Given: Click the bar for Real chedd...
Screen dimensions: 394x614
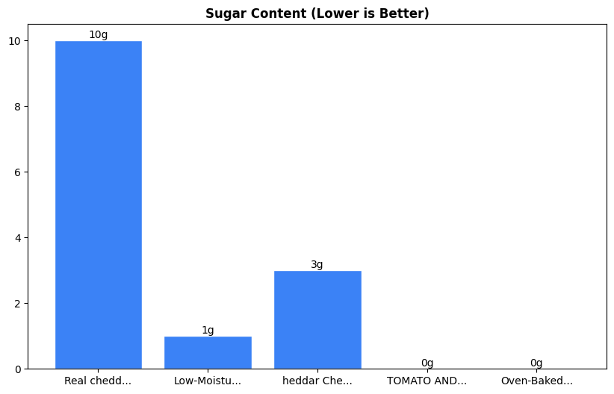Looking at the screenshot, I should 98,204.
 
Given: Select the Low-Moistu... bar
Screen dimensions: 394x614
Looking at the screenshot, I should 208,352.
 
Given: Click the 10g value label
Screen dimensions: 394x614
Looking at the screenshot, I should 98,35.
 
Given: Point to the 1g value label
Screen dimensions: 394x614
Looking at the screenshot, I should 208,331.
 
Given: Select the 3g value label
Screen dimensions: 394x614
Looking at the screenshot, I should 317,265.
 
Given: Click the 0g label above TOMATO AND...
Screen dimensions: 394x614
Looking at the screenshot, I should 427,363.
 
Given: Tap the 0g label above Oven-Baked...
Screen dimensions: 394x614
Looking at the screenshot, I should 536,363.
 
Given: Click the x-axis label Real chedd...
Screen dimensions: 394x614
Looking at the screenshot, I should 98,381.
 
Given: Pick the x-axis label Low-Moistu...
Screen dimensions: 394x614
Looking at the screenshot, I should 208,381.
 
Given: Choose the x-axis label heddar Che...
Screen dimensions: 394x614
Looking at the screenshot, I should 317,381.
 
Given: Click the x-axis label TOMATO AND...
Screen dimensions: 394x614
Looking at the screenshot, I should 427,381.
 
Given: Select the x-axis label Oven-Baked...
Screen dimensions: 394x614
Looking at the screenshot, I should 536,381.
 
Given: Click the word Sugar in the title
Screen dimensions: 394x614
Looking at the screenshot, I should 223,13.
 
